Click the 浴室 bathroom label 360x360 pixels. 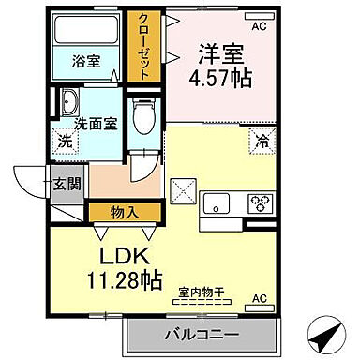pos(89,63)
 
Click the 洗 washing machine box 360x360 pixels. pos(65,142)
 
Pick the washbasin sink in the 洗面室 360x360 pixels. pos(69,100)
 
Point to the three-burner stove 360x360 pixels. pos(259,201)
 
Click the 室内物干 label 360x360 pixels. pos(201,292)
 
